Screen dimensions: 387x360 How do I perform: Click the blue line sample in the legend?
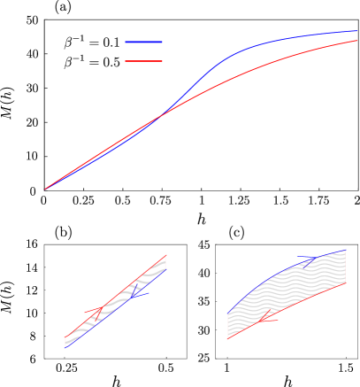click(x=143, y=42)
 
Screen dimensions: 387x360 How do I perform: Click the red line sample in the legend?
click(x=143, y=61)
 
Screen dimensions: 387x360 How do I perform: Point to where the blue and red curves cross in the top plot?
click(x=161, y=116)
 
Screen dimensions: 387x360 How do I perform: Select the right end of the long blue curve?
click(x=356, y=31)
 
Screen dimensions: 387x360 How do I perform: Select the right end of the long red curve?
click(x=356, y=41)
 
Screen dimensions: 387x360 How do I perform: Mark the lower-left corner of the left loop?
click(x=65, y=347)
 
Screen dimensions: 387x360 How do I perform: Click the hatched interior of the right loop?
click(x=287, y=292)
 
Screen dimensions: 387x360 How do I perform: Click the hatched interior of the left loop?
click(x=115, y=301)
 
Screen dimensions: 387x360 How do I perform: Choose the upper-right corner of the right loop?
click(x=345, y=251)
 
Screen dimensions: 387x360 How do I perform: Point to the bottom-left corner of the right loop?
click(x=228, y=338)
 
